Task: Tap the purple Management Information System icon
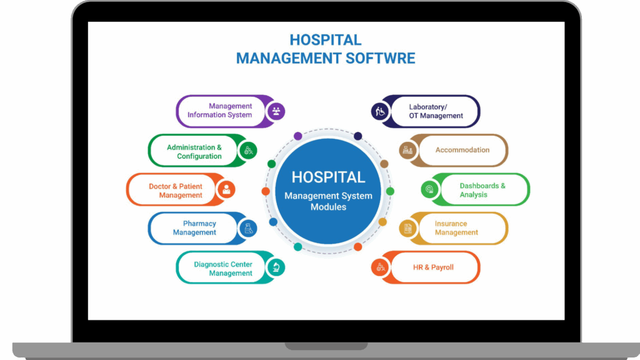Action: click(275, 111)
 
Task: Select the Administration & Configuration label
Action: click(194, 152)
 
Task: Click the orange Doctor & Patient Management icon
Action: click(226, 189)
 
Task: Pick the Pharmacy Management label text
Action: click(194, 228)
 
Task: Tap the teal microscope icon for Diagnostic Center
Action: click(274, 267)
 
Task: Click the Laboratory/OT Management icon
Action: click(380, 111)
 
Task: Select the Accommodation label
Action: click(462, 150)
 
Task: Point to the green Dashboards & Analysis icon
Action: click(429, 189)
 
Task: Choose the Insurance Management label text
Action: click(456, 228)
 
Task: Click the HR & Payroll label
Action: click(433, 267)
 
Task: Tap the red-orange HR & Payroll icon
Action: click(380, 267)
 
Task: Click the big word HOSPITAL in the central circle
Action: click(328, 177)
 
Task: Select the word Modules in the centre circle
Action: click(328, 207)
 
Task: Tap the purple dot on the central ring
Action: click(298, 136)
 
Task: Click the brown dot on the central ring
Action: click(384, 164)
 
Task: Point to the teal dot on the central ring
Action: click(298, 246)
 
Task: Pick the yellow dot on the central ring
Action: click(382, 222)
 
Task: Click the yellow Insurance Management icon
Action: click(407, 228)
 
